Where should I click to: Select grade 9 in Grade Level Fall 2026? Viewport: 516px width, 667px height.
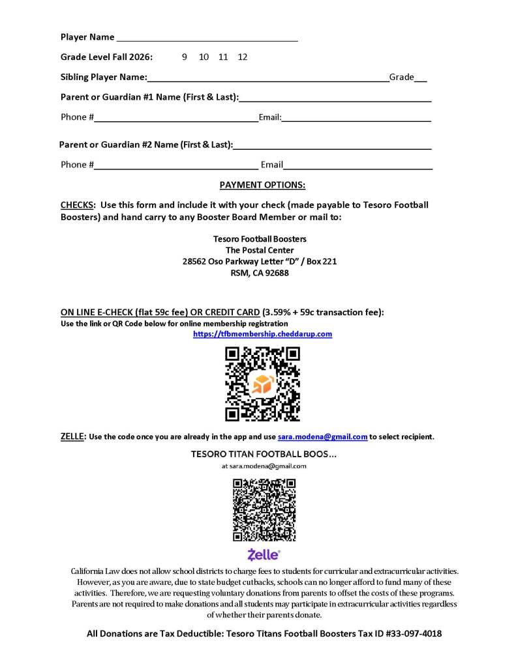pos(185,57)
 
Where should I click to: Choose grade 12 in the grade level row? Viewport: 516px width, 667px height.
pos(243,57)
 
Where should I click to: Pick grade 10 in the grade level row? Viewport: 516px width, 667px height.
pos(204,57)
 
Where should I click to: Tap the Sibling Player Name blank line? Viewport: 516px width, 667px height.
pos(267,79)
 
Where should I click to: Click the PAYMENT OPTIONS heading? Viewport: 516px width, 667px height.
pos(262,185)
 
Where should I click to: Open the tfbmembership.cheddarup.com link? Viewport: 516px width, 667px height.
pos(262,334)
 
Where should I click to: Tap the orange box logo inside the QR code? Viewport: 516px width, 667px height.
pos(262,384)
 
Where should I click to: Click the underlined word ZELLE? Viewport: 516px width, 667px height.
pos(72,436)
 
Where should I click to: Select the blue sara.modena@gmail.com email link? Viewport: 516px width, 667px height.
pos(322,437)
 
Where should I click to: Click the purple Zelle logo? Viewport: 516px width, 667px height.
pos(264,555)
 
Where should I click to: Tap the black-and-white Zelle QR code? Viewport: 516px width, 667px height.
pos(264,510)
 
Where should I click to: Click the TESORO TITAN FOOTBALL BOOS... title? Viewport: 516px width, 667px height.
pos(263,453)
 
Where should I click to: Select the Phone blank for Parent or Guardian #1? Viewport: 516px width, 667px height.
pos(176,119)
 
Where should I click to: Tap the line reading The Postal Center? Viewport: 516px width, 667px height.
pos(260,250)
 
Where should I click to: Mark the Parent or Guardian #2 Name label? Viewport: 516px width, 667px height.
pos(146,145)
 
